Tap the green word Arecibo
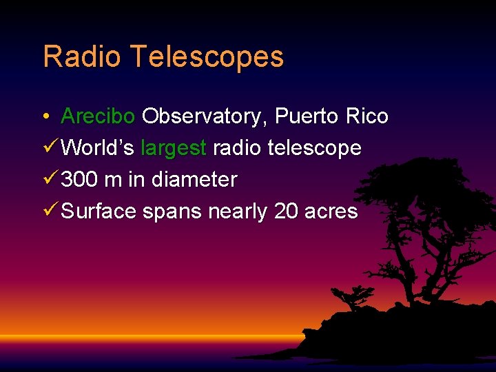click(x=98, y=116)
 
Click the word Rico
click(x=367, y=116)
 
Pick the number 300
click(x=80, y=180)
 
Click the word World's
click(x=97, y=148)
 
